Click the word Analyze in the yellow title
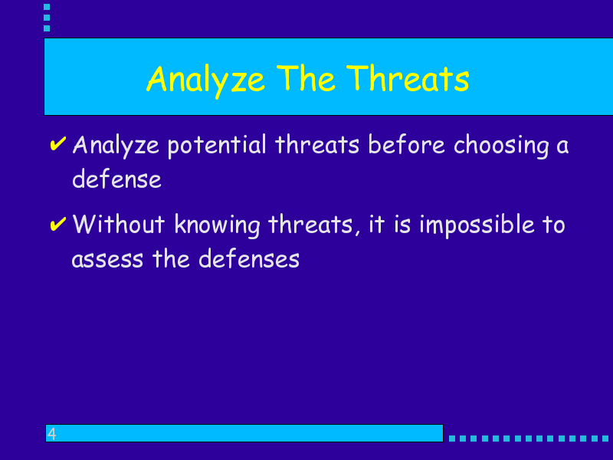coord(206,80)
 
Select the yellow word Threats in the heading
coord(408,78)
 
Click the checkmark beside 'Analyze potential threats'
coord(58,143)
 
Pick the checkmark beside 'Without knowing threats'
coord(58,224)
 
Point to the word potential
coord(217,146)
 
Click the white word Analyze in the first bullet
coord(116,146)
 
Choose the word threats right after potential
coord(317,144)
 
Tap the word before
coord(407,144)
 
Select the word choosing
coord(501,146)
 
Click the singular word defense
coord(117,179)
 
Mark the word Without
coord(119,224)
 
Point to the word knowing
coord(217,225)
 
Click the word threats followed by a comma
coord(311,225)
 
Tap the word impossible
coord(477,225)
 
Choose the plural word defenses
coord(249,258)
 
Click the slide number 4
coord(51,433)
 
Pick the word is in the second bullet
coord(402,225)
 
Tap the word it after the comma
coord(377,225)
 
